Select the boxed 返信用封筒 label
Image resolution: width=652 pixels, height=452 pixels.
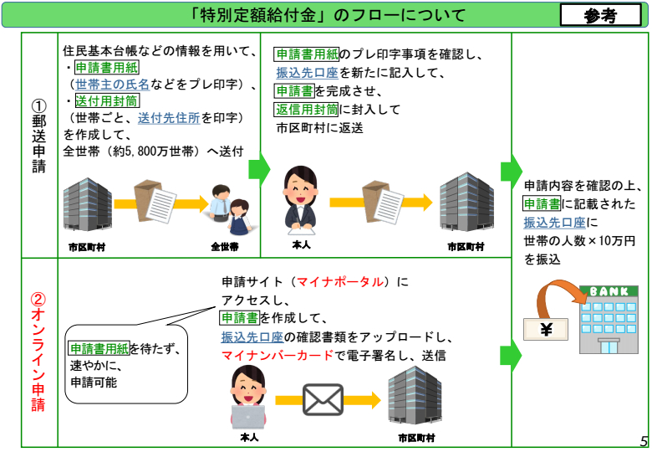point(306,109)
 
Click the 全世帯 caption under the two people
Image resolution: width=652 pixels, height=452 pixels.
point(224,247)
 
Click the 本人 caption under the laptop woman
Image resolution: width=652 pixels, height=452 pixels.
point(249,438)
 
